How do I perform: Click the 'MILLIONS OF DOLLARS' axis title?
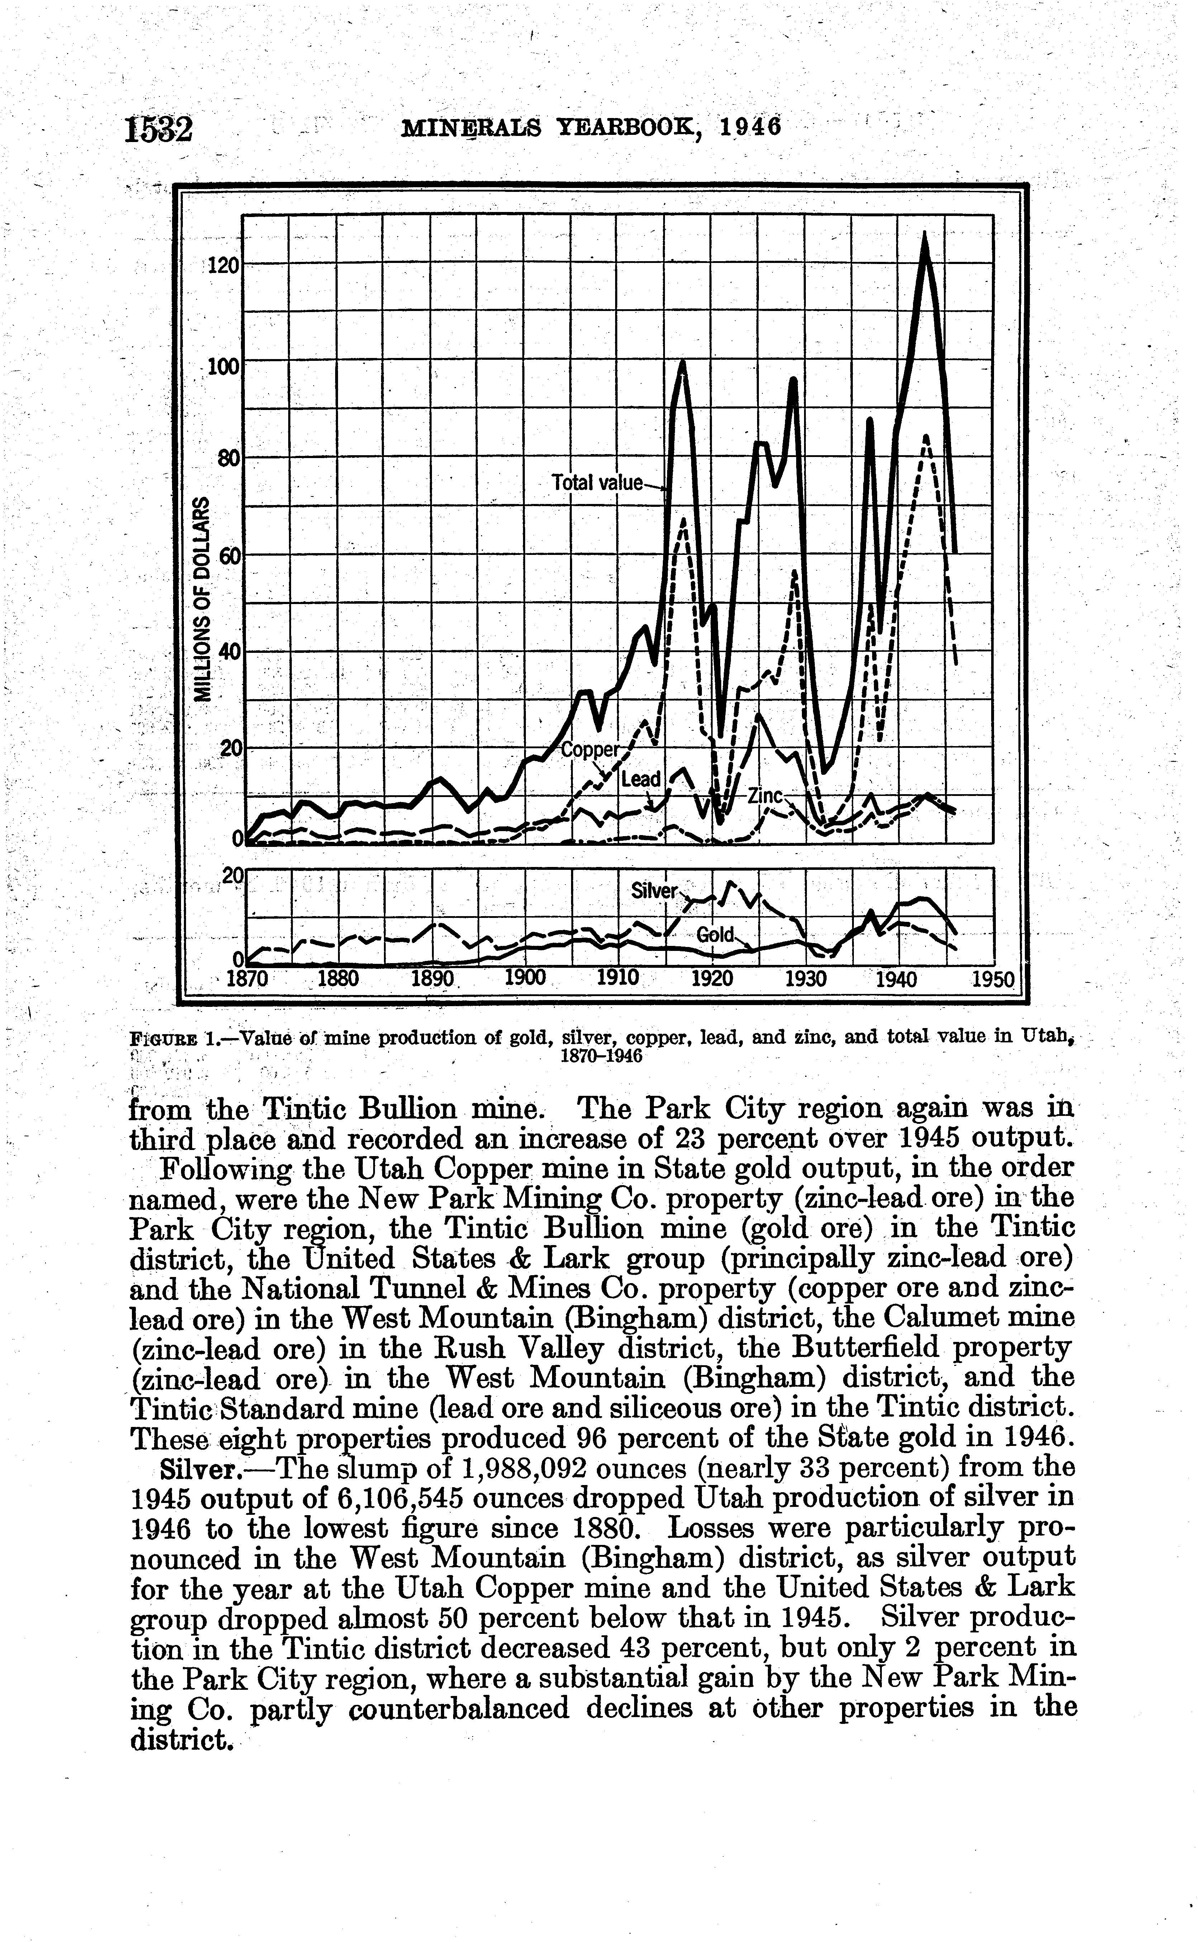pyautogui.click(x=204, y=598)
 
